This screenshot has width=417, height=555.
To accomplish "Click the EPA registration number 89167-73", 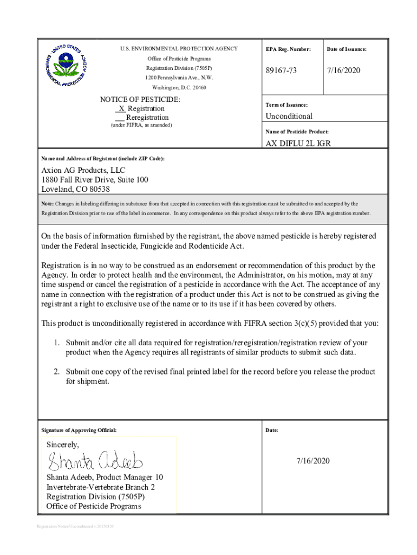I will point(281,71).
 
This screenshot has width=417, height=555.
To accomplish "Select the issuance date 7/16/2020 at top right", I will point(343,71).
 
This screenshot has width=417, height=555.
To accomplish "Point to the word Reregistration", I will point(147,117).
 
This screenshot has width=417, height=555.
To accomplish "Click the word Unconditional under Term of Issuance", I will point(289,116).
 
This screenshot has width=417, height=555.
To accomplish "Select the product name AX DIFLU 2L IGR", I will point(298,144).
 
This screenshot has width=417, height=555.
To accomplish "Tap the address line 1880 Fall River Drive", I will point(95,180).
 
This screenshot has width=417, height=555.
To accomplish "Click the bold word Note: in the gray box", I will point(48,204).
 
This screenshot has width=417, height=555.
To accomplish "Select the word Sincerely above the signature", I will point(62,444).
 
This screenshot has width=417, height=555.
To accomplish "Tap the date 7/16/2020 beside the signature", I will point(312,461).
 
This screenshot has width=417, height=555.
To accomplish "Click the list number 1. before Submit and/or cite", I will point(56,343).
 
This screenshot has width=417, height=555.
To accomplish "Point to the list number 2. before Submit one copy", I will point(56,372).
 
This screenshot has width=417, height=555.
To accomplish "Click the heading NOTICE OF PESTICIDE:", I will point(140,100).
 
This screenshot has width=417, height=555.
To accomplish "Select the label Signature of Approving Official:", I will point(79,430).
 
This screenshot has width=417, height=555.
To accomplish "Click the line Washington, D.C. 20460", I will point(179,87).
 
